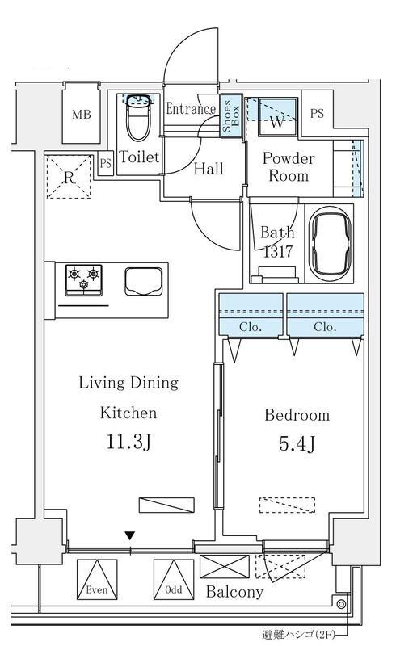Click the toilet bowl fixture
click(137, 118)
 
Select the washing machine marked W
click(278, 116)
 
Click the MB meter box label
click(82, 114)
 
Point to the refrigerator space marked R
click(69, 176)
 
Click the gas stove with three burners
click(84, 280)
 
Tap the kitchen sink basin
click(144, 281)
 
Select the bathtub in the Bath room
click(331, 244)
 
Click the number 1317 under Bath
click(278, 251)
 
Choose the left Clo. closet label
click(251, 327)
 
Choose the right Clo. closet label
click(325, 327)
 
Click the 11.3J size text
click(129, 442)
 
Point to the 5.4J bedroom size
click(297, 443)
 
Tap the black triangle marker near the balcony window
click(130, 535)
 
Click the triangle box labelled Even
click(97, 579)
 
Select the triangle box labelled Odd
click(174, 579)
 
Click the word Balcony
click(234, 592)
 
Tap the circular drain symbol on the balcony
click(341, 604)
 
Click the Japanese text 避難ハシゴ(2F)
click(298, 635)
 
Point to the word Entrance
click(191, 109)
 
